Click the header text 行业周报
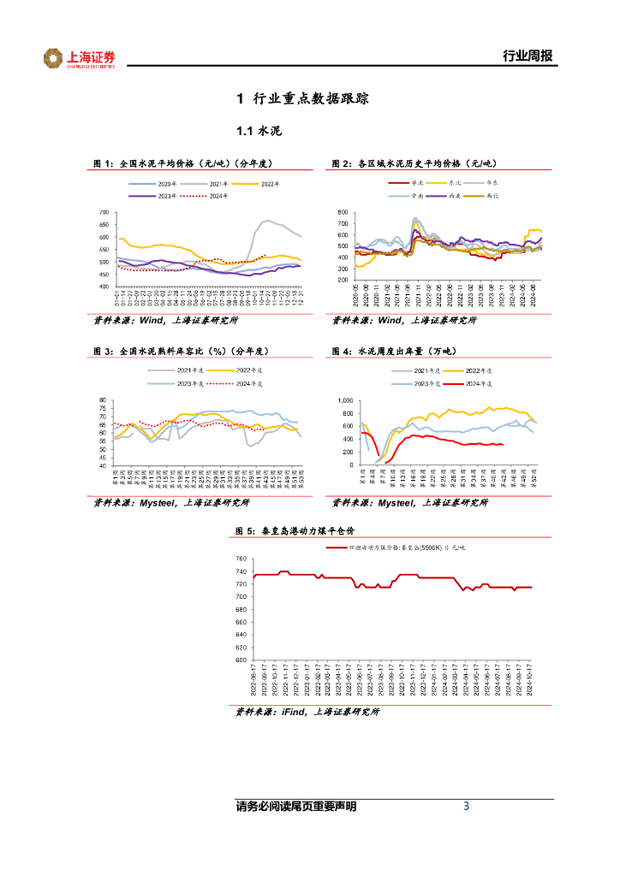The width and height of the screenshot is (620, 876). tap(527, 56)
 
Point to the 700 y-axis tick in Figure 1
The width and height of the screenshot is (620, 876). tap(104, 212)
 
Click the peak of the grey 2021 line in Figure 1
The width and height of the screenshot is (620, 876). tap(267, 221)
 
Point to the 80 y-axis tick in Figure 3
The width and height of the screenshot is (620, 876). tap(102, 400)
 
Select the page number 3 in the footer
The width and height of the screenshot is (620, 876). tap(466, 806)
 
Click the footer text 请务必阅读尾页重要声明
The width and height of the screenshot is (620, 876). tap(295, 807)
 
